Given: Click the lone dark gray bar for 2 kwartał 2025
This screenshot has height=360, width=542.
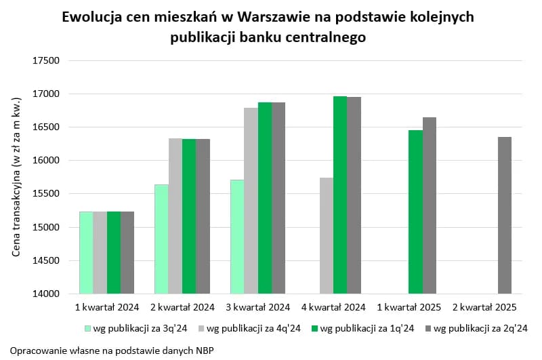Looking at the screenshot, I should (505, 215).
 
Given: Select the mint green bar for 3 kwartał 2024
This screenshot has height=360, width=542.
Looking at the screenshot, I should (236, 237).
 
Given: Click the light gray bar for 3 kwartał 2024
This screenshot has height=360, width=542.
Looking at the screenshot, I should (251, 201).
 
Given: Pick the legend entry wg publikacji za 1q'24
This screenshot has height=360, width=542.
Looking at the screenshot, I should (362, 329).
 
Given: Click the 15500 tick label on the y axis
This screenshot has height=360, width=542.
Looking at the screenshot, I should (47, 194).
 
